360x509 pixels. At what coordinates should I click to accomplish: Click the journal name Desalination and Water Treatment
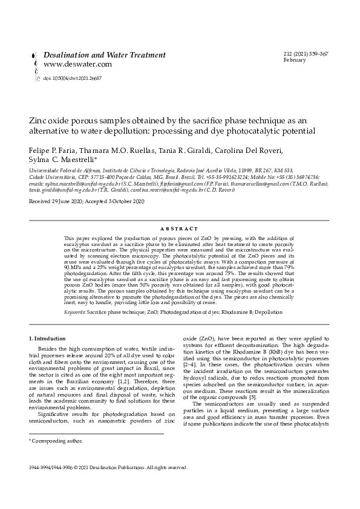[x=105, y=55]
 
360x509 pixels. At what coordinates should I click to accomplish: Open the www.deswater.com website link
[x=77, y=64]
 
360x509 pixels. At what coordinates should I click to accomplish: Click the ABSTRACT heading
[x=180, y=229]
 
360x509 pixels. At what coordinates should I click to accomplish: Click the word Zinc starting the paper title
[x=39, y=120]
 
